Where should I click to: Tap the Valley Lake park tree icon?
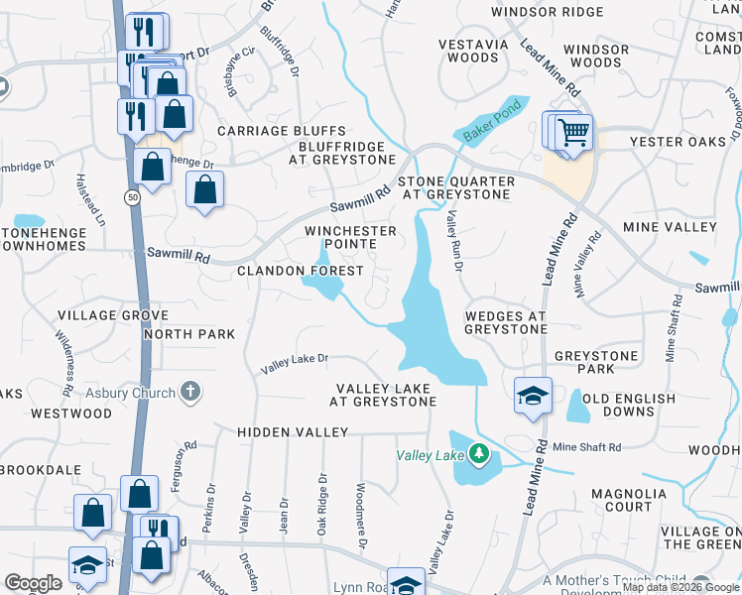[x=480, y=454]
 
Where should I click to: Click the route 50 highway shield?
[x=132, y=198]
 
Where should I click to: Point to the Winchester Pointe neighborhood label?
[x=350, y=237]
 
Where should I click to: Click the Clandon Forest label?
[x=300, y=270]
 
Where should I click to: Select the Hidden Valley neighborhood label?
[x=293, y=432]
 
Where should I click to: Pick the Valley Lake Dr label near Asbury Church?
[x=294, y=364]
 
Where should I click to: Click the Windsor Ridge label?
[x=547, y=12]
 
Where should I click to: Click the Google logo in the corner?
[x=34, y=583]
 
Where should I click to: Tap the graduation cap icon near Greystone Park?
[x=533, y=395]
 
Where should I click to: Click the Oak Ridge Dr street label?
[x=322, y=505]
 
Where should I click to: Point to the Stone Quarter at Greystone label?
[x=456, y=188]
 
